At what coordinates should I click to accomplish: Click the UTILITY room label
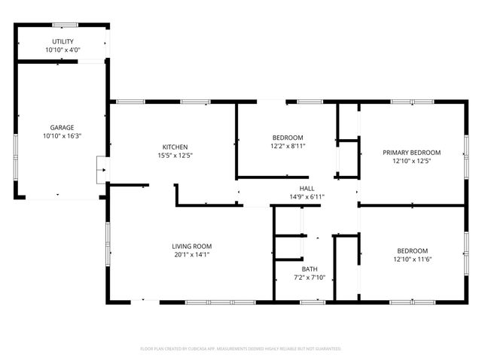coord(63,41)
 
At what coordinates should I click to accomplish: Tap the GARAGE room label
coord(63,128)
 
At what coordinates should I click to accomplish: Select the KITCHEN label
coord(175,147)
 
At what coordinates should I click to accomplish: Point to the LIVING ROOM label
coord(191,246)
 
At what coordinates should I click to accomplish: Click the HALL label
coord(307,189)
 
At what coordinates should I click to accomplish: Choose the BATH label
coord(310,269)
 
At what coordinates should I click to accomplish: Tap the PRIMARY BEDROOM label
coord(411,152)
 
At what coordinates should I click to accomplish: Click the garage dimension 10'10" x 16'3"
coord(63,136)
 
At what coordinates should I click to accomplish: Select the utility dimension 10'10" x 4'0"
coord(63,50)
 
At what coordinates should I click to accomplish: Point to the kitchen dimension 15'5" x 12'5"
coord(175,156)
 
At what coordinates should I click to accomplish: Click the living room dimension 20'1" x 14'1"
coord(191,255)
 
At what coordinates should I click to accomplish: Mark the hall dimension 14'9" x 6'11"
coord(307,197)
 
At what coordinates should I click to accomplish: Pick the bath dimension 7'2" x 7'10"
coord(310,278)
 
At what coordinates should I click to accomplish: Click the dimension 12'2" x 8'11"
coord(288,147)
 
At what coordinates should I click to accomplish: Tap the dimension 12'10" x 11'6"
coord(412,259)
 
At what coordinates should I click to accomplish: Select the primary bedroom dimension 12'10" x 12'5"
coord(411,161)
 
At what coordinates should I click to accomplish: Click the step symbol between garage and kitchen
coord(101,170)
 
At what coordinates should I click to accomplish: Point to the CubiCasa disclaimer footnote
coord(241,349)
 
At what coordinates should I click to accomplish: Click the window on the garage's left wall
coord(15,147)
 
